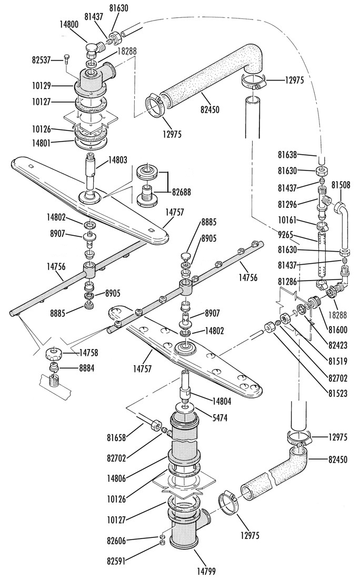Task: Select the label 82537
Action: pyautogui.click(x=41, y=60)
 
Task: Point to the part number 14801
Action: pyautogui.click(x=41, y=142)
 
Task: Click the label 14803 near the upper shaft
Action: pyautogui.click(x=118, y=160)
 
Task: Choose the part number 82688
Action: pyautogui.click(x=181, y=192)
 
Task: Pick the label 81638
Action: pyautogui.click(x=287, y=155)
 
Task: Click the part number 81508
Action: pyautogui.click(x=341, y=185)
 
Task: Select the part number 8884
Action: pyautogui.click(x=86, y=368)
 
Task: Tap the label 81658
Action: pyautogui.click(x=116, y=438)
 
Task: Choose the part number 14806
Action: pyautogui.click(x=116, y=478)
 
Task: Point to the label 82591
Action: pyautogui.click(x=116, y=561)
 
